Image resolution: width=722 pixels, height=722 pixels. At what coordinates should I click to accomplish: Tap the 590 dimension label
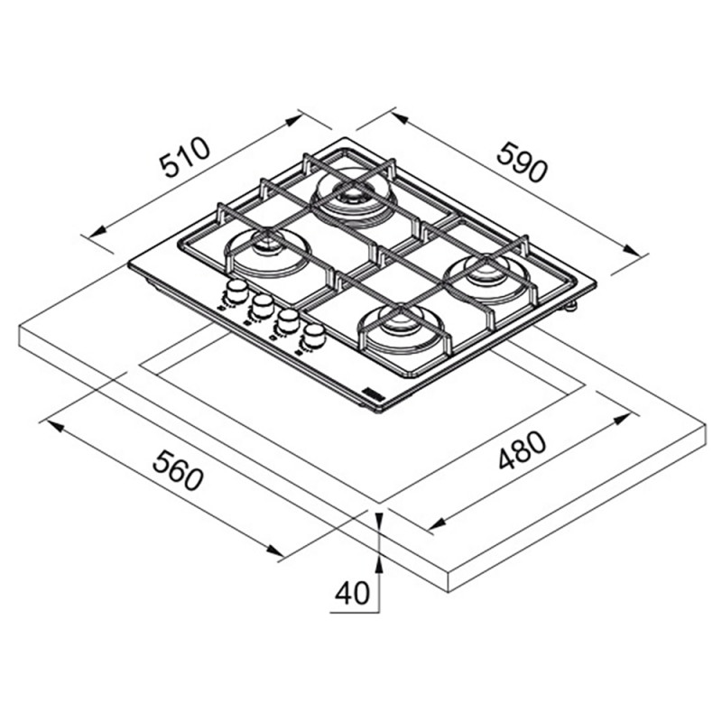(523, 162)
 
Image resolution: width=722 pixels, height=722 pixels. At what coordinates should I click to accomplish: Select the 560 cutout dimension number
(178, 470)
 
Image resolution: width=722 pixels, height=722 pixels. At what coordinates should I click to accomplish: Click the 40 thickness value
(352, 593)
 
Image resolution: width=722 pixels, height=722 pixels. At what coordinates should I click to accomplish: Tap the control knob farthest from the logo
(236, 291)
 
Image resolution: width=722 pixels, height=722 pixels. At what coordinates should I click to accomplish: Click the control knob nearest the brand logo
(314, 336)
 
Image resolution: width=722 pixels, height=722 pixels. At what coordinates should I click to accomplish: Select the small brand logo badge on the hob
(370, 393)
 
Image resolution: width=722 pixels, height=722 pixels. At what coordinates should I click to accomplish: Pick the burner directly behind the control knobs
(267, 253)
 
